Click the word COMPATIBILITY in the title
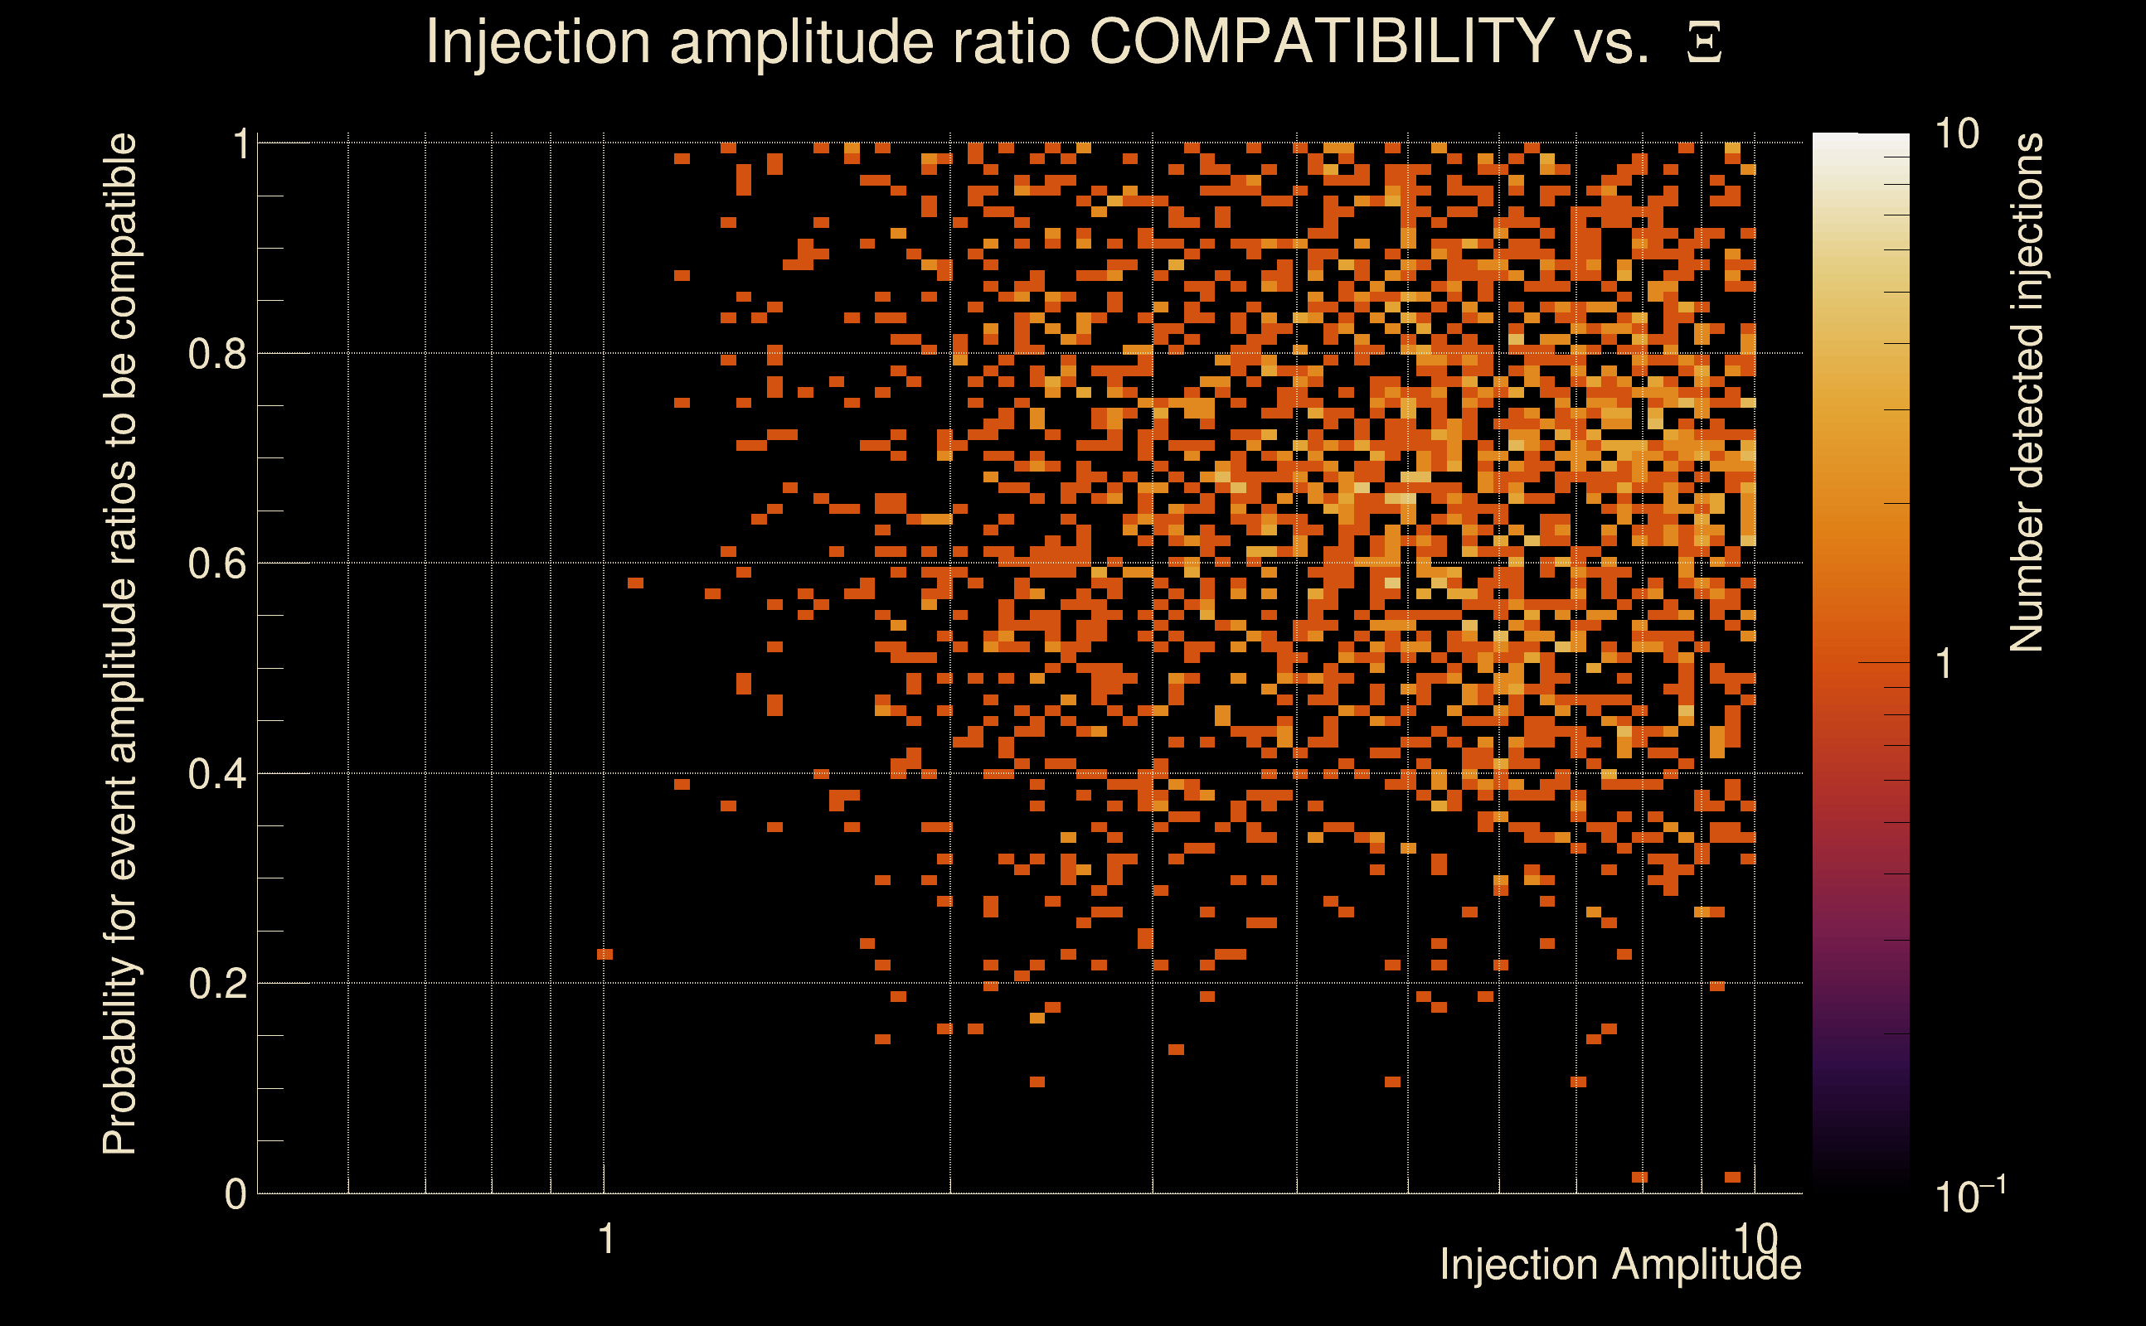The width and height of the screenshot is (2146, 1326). coord(1321,41)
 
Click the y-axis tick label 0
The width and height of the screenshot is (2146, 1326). coord(235,1194)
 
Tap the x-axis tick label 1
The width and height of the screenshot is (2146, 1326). coord(605,1239)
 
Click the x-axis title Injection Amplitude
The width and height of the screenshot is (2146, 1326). coord(1619,1265)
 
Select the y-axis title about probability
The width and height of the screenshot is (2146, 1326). coord(120,645)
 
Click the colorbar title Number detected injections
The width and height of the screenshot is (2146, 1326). coord(2027,392)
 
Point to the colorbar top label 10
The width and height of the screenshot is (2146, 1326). coord(1956,135)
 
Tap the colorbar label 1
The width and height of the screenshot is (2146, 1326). coord(1945,664)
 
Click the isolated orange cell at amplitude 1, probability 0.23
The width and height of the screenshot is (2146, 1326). coord(604,954)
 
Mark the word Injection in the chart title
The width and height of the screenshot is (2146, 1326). coord(537,41)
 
